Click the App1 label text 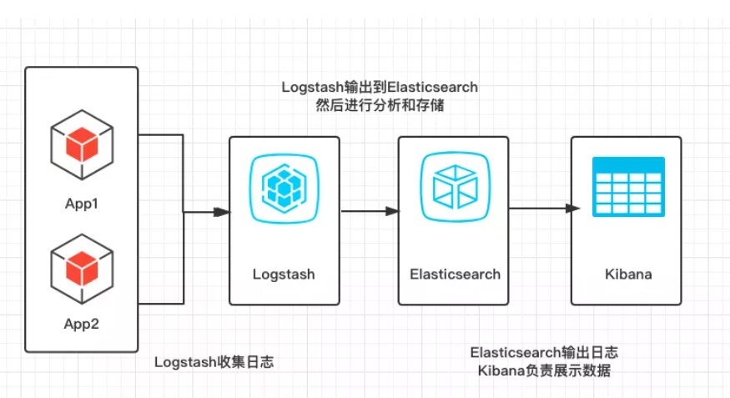(82, 203)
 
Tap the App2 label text (82, 323)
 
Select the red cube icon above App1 (82, 144)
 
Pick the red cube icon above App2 (82, 265)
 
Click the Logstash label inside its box (284, 274)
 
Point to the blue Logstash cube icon (284, 191)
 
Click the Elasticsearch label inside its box (455, 274)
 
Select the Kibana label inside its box (627, 274)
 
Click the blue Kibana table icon (627, 186)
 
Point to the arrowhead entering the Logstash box (221, 212)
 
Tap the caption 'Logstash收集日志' (214, 362)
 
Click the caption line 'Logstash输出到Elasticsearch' (380, 87)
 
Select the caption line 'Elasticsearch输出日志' (544, 352)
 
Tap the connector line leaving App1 (160, 134)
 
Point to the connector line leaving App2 (160, 303)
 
